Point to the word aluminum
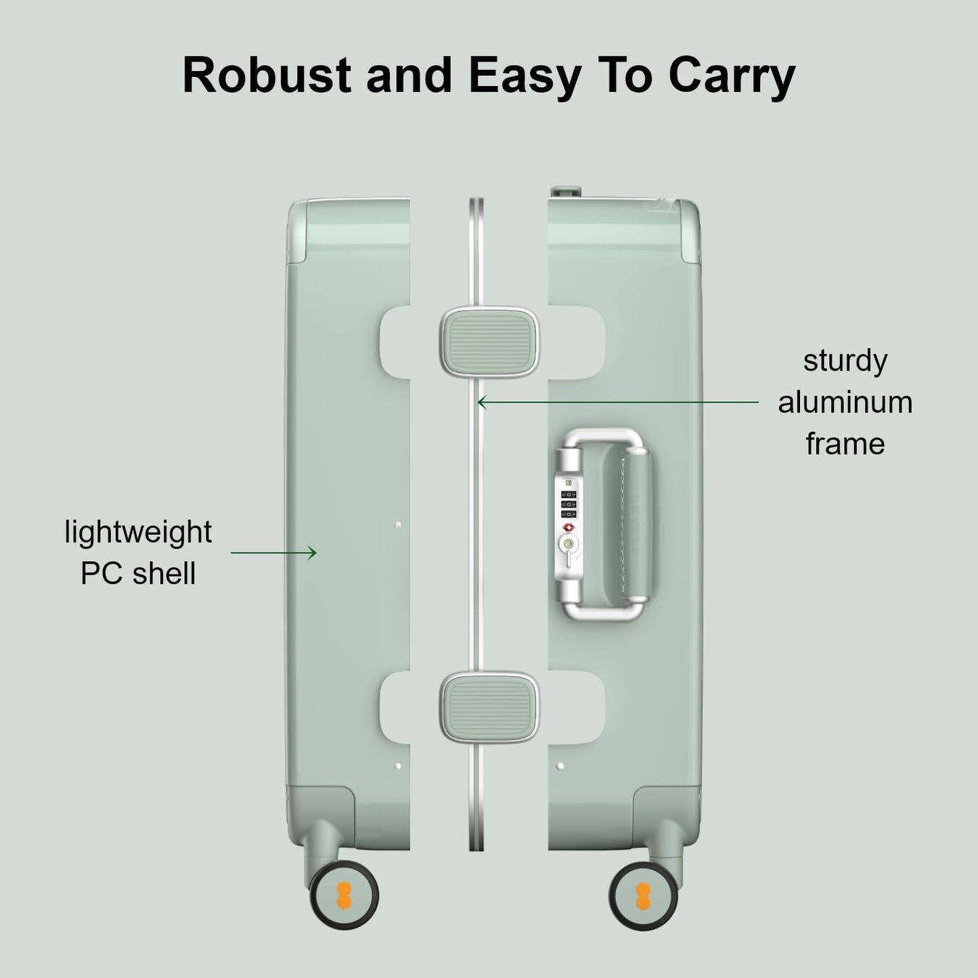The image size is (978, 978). click(x=845, y=402)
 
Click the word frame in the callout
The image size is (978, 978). click(x=845, y=444)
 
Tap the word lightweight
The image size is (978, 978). click(x=138, y=532)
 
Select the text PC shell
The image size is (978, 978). click(x=138, y=574)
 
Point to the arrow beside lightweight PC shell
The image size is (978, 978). click(x=273, y=553)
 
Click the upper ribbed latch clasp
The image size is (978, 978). click(x=490, y=341)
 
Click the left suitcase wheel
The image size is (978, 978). click(x=344, y=897)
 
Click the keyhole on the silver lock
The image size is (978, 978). click(x=567, y=543)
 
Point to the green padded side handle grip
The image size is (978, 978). click(x=637, y=525)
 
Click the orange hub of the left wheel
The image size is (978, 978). click(x=344, y=897)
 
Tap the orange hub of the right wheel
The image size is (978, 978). click(x=644, y=897)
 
